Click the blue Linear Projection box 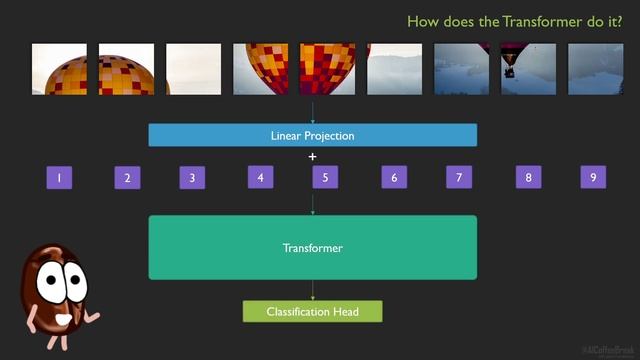tap(312, 135)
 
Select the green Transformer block tap(312, 247)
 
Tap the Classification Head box tap(312, 312)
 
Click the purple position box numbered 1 tap(59, 178)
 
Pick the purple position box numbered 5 tap(322, 178)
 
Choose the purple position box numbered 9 tap(593, 178)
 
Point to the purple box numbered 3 tap(192, 178)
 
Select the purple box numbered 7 tap(458, 178)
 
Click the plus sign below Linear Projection tap(312, 157)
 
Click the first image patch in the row tap(59, 69)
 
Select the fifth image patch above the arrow tap(327, 69)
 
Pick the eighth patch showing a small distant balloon tap(528, 69)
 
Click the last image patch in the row tap(595, 69)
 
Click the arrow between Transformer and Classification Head tap(312, 290)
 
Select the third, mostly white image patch tap(193, 69)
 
